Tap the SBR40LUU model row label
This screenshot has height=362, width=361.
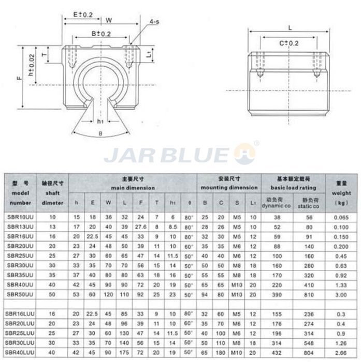pos(19,352)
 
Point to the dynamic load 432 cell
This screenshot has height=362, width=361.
pos(277,352)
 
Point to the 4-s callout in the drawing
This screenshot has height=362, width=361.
pos(154,22)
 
